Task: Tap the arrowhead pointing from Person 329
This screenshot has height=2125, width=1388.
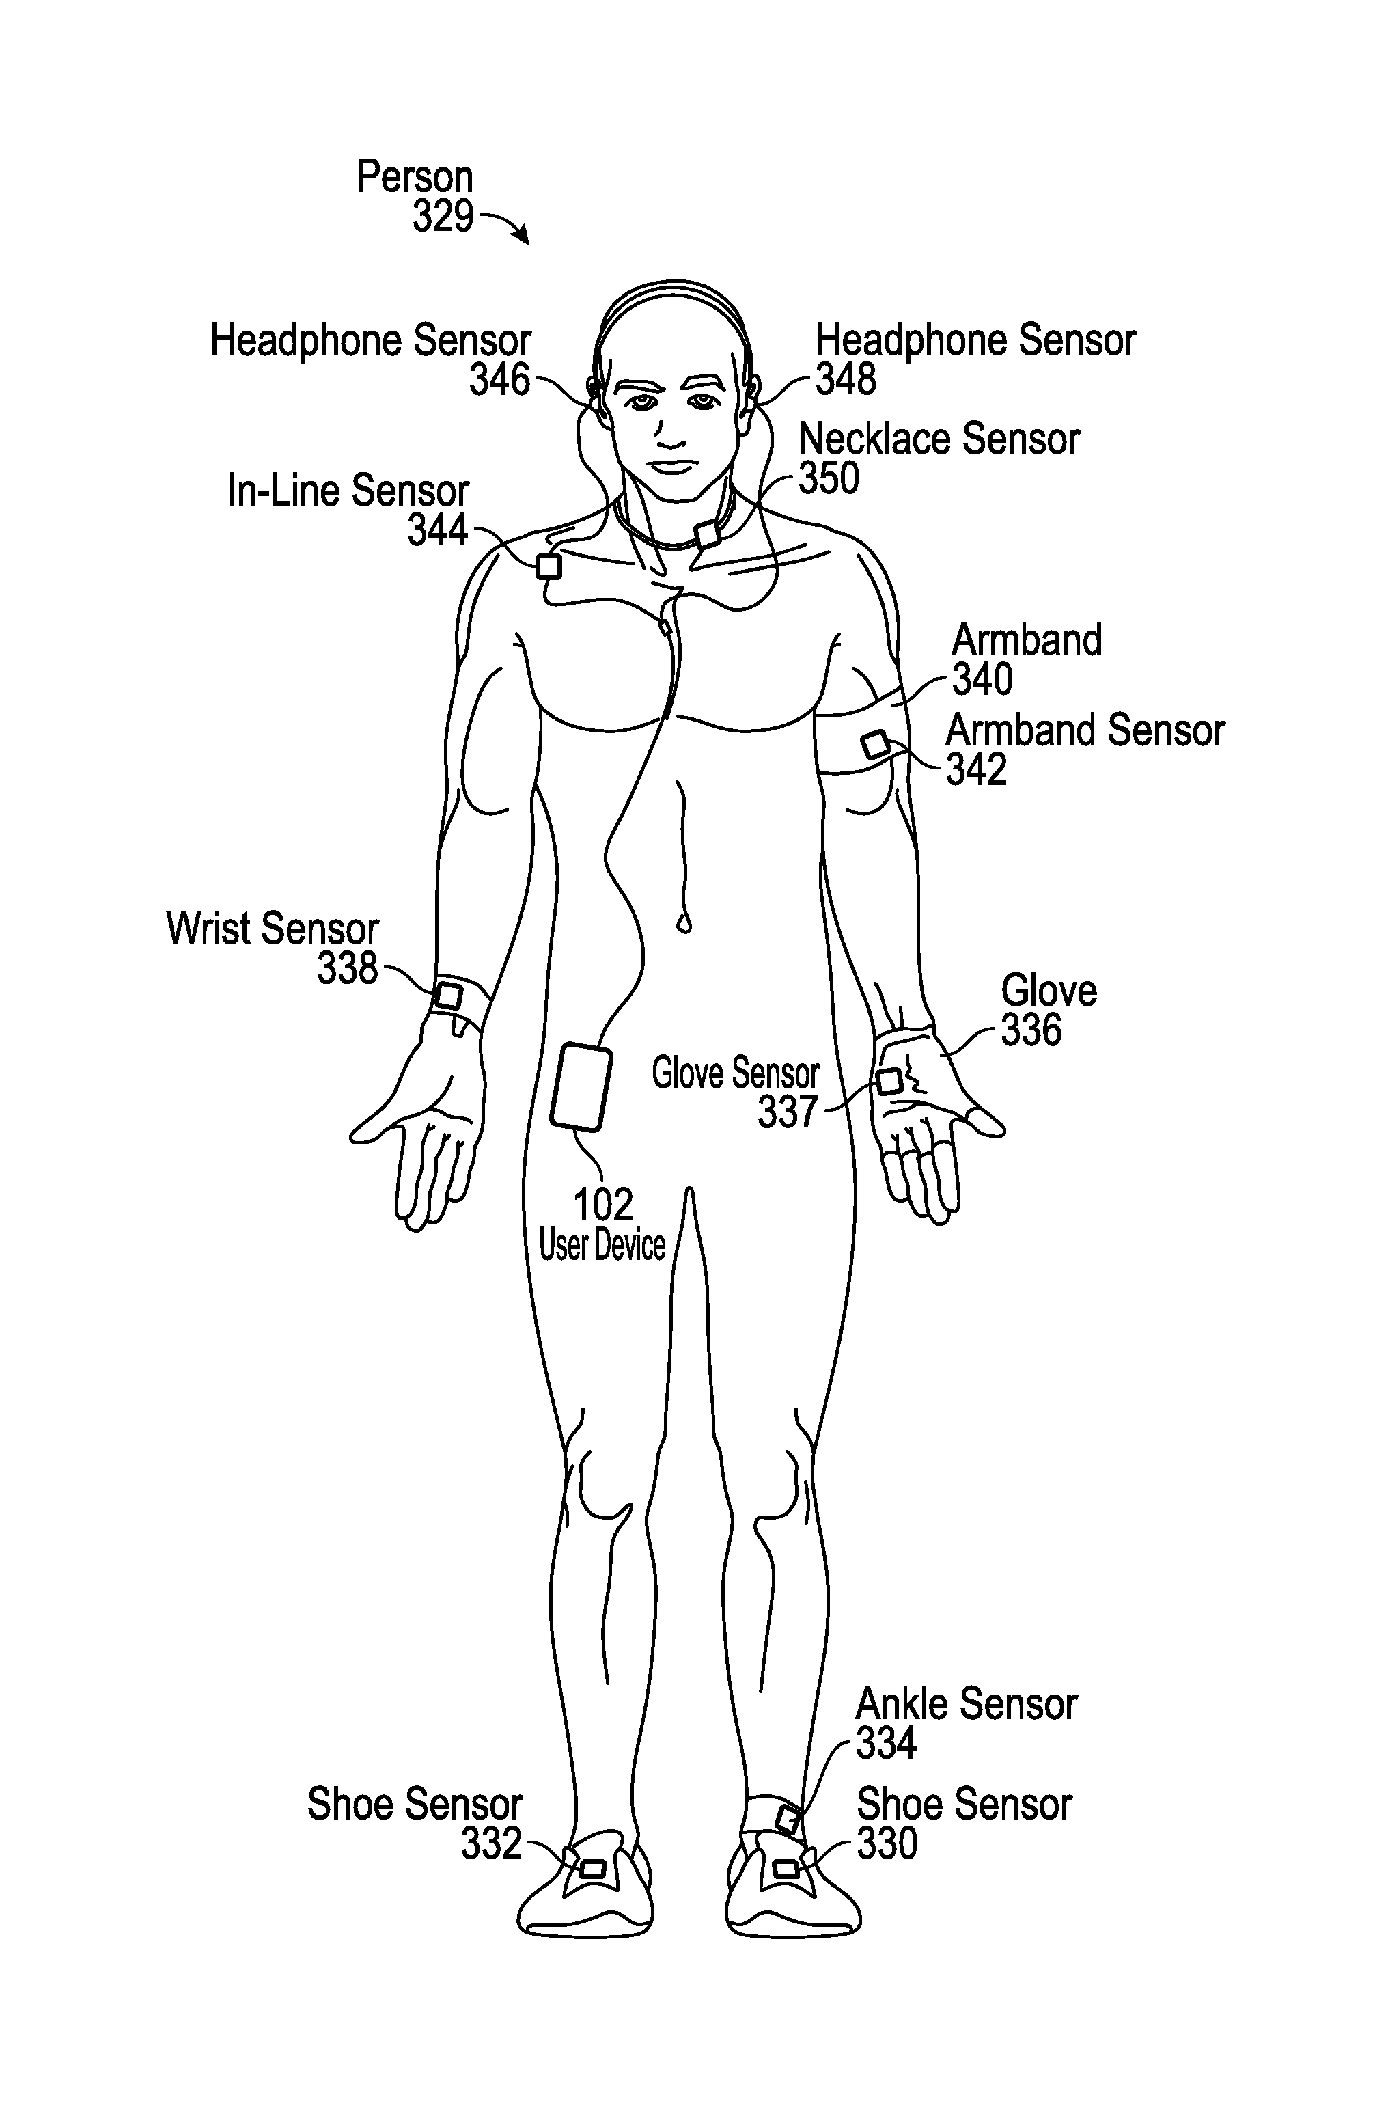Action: coord(523,238)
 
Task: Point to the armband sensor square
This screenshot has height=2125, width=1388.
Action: coord(875,745)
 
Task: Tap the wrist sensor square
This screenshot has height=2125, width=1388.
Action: coord(448,995)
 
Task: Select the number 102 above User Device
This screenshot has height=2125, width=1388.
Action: coord(602,1205)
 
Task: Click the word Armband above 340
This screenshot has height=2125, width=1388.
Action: coord(1027,640)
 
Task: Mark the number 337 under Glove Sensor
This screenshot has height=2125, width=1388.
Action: coord(788,1112)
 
